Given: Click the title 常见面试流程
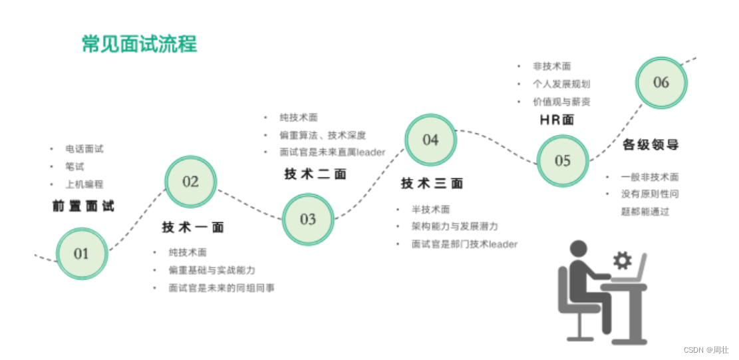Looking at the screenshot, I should (x=139, y=44).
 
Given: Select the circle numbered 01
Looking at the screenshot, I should (x=81, y=253).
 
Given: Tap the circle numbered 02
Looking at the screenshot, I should (x=191, y=182).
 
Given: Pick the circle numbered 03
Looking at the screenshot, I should (x=308, y=219).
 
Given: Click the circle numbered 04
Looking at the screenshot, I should (x=430, y=140).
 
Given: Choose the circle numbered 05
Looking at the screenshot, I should (x=563, y=160).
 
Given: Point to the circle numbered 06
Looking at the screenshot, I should (x=661, y=83).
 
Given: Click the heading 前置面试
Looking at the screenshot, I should (x=83, y=206).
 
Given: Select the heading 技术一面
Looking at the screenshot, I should (x=193, y=228).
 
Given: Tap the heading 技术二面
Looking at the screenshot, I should (x=315, y=174).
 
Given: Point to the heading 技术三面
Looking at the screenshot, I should (x=432, y=184).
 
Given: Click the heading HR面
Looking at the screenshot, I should (x=557, y=120).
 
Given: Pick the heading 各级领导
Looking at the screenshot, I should (x=651, y=144).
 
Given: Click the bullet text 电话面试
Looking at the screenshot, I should (x=84, y=149).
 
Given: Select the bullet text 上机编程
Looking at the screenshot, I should (x=84, y=184).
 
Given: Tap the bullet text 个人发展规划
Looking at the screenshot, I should (x=561, y=85).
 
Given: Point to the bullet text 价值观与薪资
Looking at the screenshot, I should (x=561, y=102).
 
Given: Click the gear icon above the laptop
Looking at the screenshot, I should (x=622, y=260).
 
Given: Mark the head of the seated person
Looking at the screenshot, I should (x=579, y=250).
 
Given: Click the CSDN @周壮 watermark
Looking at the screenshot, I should (x=706, y=350).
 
